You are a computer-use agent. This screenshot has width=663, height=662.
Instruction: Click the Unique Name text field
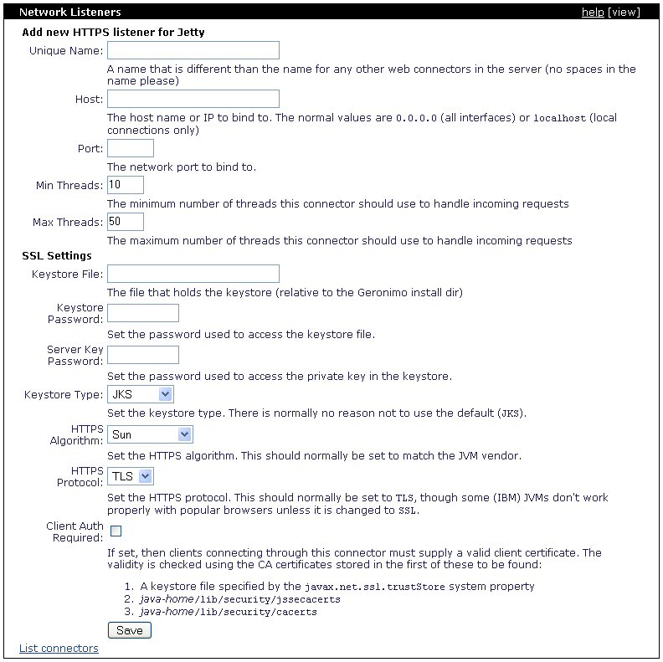[193, 51]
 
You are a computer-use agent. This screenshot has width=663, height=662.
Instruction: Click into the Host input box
[193, 100]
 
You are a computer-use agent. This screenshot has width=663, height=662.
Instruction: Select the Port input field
[131, 148]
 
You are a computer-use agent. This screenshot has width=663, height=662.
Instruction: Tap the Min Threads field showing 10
[126, 185]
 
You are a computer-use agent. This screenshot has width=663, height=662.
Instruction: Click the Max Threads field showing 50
[126, 222]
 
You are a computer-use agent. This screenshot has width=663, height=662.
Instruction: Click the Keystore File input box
[193, 274]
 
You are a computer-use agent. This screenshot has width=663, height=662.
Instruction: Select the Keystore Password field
[143, 313]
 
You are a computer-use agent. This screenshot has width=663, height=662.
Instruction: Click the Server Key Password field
[143, 355]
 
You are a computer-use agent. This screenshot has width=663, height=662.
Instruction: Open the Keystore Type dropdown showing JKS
[141, 394]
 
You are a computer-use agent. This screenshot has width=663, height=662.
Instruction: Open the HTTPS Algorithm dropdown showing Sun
[151, 434]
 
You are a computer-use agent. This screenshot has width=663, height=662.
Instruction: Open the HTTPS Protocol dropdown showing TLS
[131, 476]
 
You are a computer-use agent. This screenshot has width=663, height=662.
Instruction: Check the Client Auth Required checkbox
[116, 531]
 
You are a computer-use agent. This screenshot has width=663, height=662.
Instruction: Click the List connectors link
[59, 649]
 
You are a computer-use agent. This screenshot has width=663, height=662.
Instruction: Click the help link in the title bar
[593, 13]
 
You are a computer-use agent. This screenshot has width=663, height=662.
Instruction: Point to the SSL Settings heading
[57, 255]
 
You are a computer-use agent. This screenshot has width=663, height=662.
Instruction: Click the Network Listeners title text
[69, 13]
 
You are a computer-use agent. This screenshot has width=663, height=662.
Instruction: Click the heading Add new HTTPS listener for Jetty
[113, 33]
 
